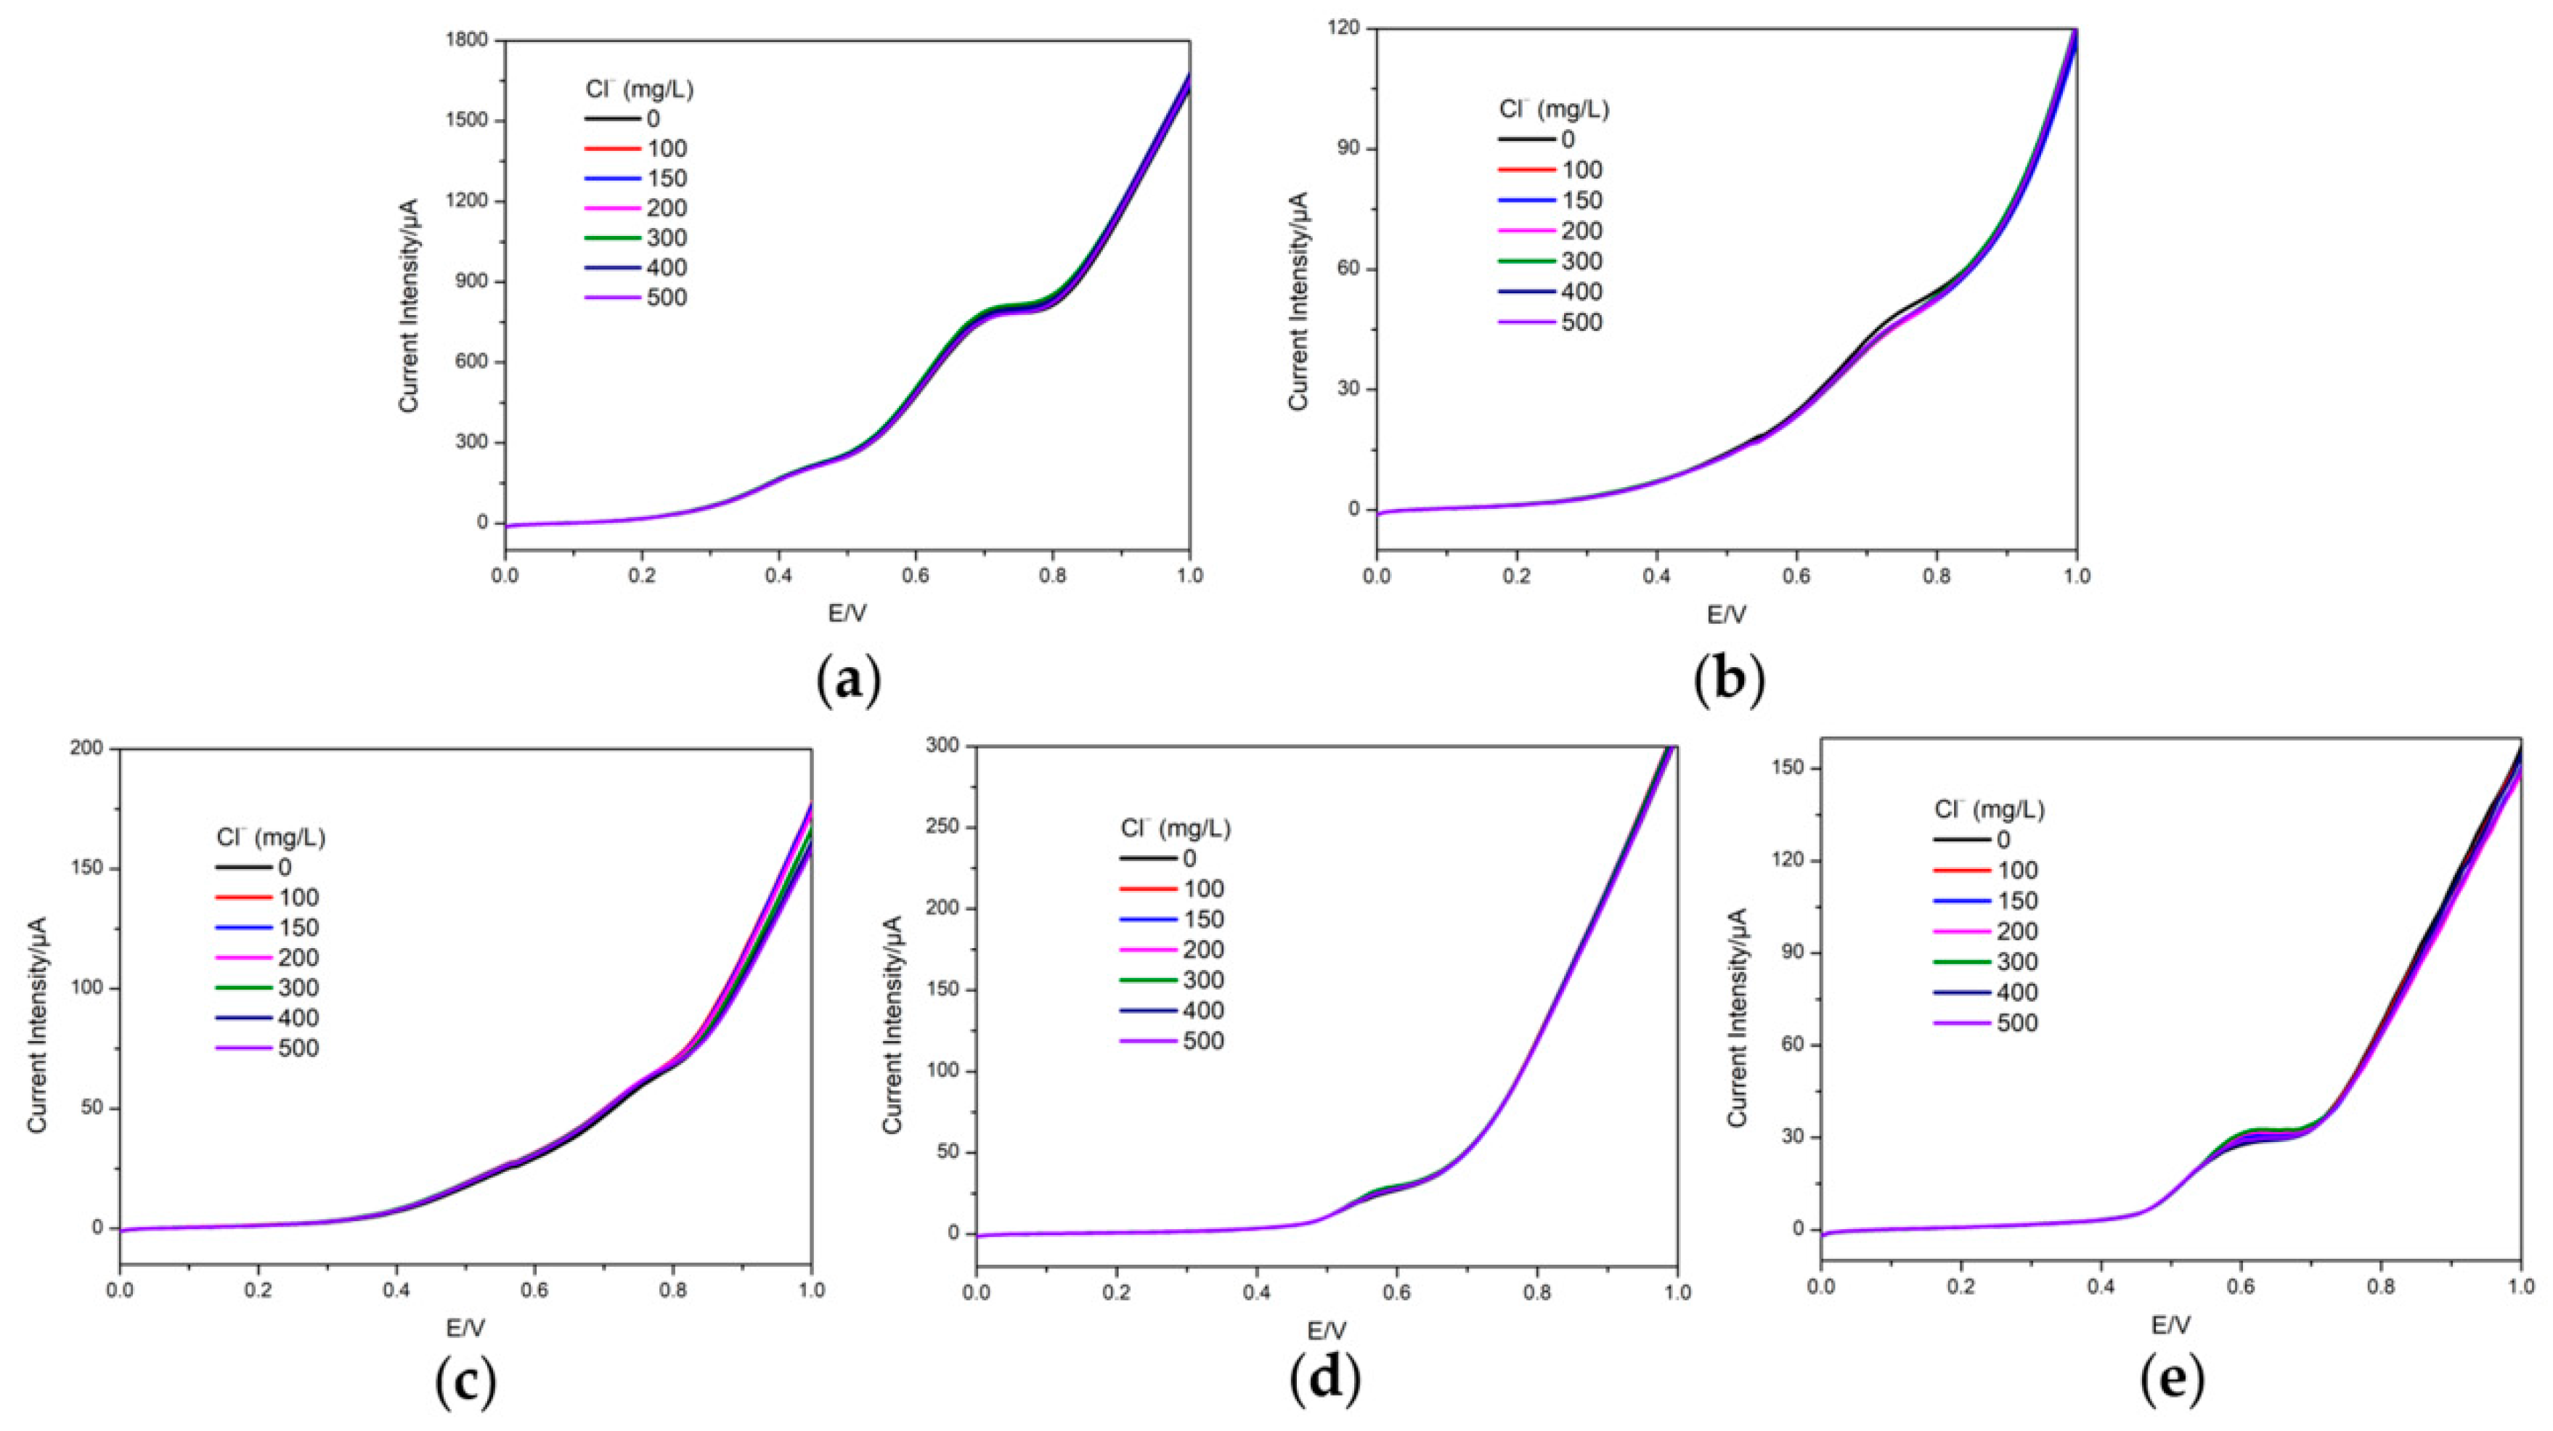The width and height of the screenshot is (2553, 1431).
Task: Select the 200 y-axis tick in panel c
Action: pyautogui.click(x=86, y=749)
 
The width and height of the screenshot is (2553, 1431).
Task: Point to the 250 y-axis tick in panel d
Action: pyautogui.click(x=942, y=828)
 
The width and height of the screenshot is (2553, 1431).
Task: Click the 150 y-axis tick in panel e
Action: pyautogui.click(x=1790, y=769)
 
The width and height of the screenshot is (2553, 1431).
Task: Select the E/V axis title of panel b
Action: pyautogui.click(x=1727, y=614)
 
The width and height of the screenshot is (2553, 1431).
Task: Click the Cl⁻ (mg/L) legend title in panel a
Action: pyautogui.click(x=639, y=89)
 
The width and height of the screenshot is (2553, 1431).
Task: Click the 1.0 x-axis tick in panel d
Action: pyautogui.click(x=1676, y=1293)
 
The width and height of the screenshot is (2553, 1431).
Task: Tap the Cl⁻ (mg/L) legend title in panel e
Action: pyautogui.click(x=1989, y=810)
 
